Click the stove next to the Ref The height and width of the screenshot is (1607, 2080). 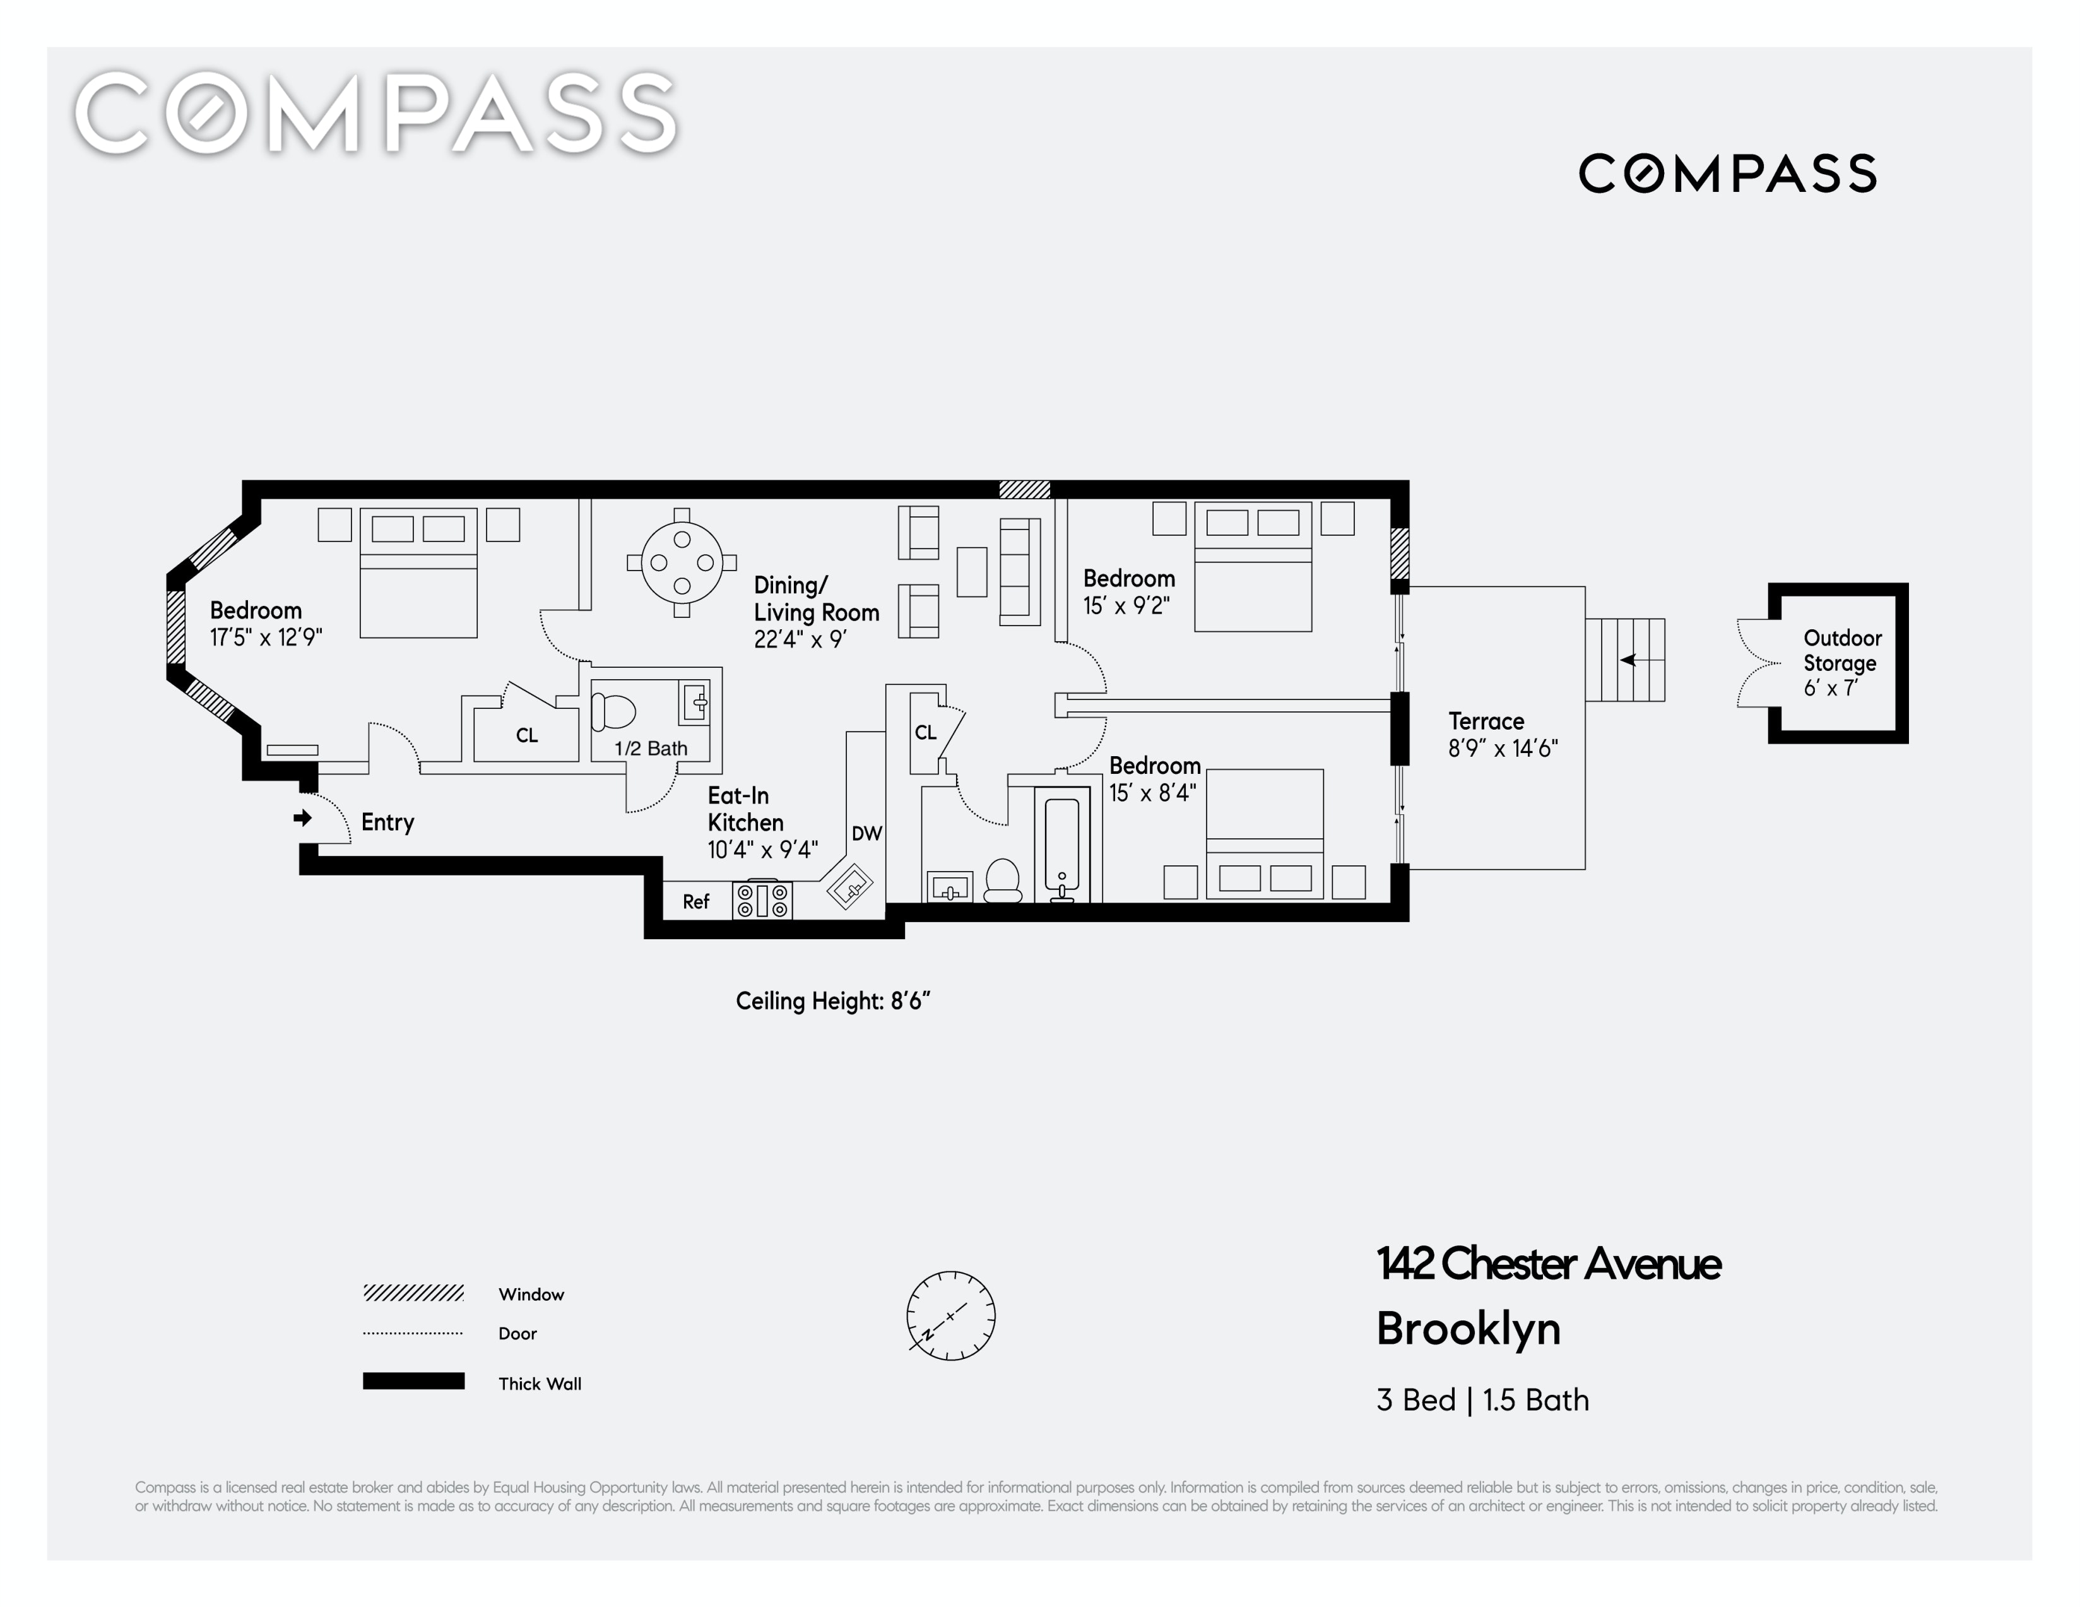(762, 900)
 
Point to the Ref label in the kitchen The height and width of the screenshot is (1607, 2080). (696, 901)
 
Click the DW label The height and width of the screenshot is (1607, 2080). (866, 834)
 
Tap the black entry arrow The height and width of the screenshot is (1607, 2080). (303, 817)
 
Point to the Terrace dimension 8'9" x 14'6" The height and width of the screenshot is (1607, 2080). (1503, 749)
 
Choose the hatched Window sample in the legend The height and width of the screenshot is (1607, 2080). (413, 1293)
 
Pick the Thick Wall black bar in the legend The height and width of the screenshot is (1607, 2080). (413, 1381)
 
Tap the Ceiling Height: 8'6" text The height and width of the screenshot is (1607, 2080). (832, 1001)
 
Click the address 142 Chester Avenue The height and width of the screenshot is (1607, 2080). (1549, 1264)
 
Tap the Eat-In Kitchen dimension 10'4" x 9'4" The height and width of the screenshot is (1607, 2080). (762, 850)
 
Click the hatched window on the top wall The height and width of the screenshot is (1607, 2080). (1025, 490)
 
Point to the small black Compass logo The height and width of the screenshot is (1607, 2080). (1728, 174)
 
